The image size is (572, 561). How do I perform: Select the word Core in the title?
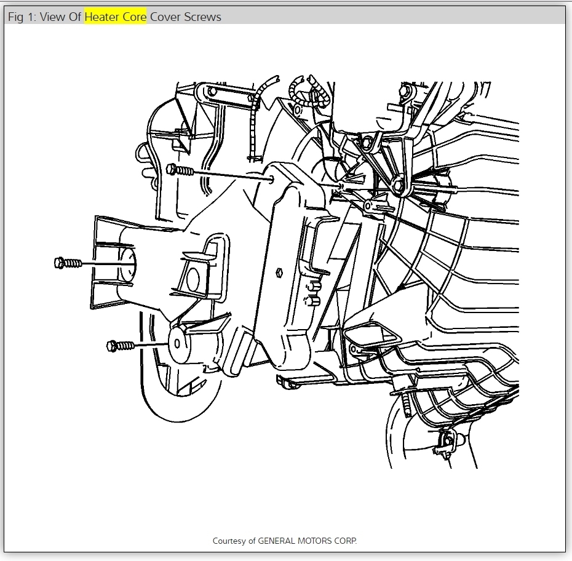pos(134,17)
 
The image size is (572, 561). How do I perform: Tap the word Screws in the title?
pos(201,17)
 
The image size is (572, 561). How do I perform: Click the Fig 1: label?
pos(22,17)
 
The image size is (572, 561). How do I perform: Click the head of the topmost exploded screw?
pos(171,169)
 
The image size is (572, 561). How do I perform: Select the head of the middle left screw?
pos(59,263)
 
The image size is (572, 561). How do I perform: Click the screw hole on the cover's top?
pos(271,180)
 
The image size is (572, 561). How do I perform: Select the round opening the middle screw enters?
pos(128,265)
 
